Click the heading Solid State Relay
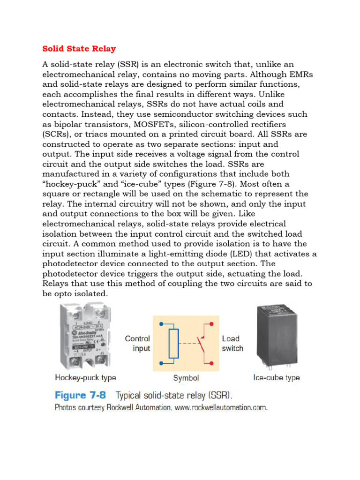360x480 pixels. [x=79, y=49]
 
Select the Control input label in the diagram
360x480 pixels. [x=137, y=344]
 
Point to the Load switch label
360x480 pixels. [x=232, y=344]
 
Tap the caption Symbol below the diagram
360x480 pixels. [x=186, y=378]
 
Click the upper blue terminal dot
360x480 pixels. [x=161, y=323]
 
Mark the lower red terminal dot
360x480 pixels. [x=212, y=362]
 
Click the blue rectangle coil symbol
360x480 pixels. [x=174, y=343]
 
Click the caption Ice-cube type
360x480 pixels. [x=277, y=378]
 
